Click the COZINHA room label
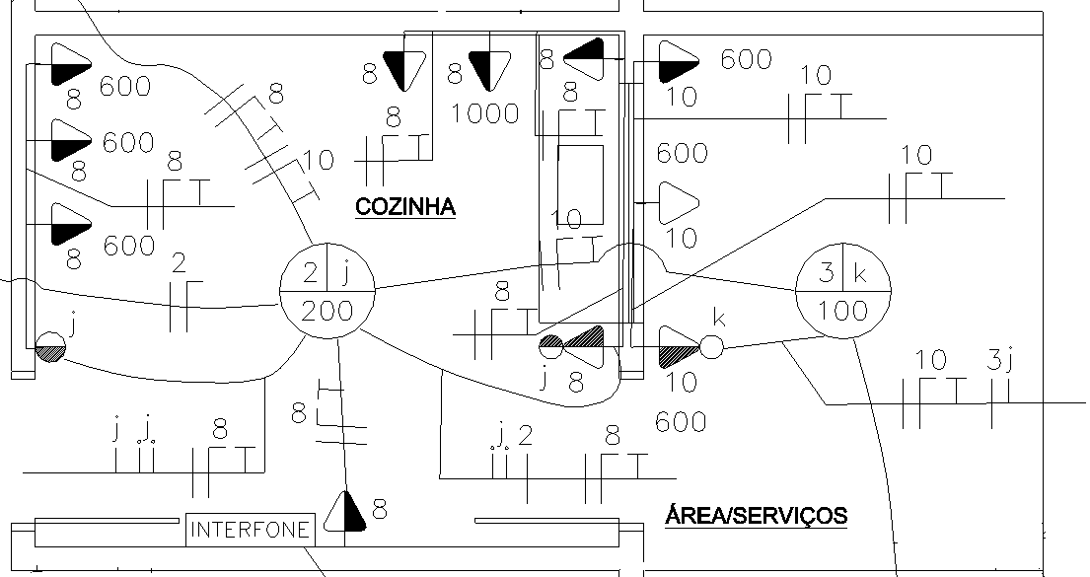click(405, 206)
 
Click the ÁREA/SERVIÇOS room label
click(757, 516)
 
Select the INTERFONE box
click(251, 530)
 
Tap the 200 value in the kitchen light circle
click(327, 311)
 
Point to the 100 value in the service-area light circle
click(842, 310)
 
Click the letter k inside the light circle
click(860, 273)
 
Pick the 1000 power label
click(485, 113)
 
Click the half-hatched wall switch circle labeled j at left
click(50, 346)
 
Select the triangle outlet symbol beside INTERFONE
click(345, 512)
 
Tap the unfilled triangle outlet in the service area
click(679, 203)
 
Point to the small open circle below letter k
click(711, 347)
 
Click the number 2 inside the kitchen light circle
click(310, 273)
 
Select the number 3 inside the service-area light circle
click(826, 272)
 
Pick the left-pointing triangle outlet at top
click(583, 59)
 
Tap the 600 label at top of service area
click(746, 60)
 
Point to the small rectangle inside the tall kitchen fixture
click(580, 184)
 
